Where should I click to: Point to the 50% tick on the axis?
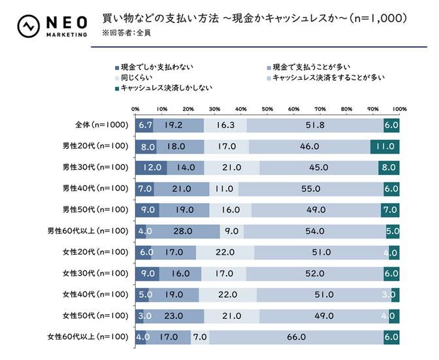[267, 108]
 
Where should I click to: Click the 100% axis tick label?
[399, 108]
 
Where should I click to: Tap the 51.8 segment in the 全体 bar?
[315, 124]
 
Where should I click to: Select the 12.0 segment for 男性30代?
[151, 167]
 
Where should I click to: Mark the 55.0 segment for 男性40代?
[310, 189]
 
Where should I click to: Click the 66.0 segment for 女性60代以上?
[296, 337]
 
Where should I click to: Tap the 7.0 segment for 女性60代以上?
[200, 337]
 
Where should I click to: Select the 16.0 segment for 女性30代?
[180, 274]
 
